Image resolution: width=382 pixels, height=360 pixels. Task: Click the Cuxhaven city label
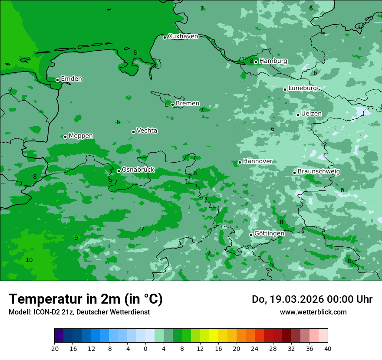click(183, 36)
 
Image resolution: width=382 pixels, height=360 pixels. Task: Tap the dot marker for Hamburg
click(256, 62)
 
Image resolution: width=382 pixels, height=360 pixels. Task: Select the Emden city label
click(71, 79)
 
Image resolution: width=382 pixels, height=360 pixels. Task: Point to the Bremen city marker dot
click(172, 105)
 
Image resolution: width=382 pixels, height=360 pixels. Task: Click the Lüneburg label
click(302, 88)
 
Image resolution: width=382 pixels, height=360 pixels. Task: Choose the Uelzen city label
click(311, 114)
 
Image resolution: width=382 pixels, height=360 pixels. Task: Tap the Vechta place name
click(147, 131)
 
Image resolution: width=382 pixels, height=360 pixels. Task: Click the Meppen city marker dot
click(65, 137)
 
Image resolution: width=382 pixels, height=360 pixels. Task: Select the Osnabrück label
click(138, 170)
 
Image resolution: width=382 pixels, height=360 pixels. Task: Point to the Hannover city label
click(257, 161)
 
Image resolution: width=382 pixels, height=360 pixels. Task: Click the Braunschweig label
click(319, 172)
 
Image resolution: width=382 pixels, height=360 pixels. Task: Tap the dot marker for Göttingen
click(251, 235)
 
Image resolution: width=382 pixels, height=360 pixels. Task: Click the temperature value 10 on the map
click(29, 260)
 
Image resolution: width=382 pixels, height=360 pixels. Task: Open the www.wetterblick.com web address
click(313, 312)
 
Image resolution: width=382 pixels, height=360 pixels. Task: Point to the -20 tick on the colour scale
click(54, 349)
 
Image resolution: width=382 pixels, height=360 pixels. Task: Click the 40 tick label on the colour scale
click(327, 349)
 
